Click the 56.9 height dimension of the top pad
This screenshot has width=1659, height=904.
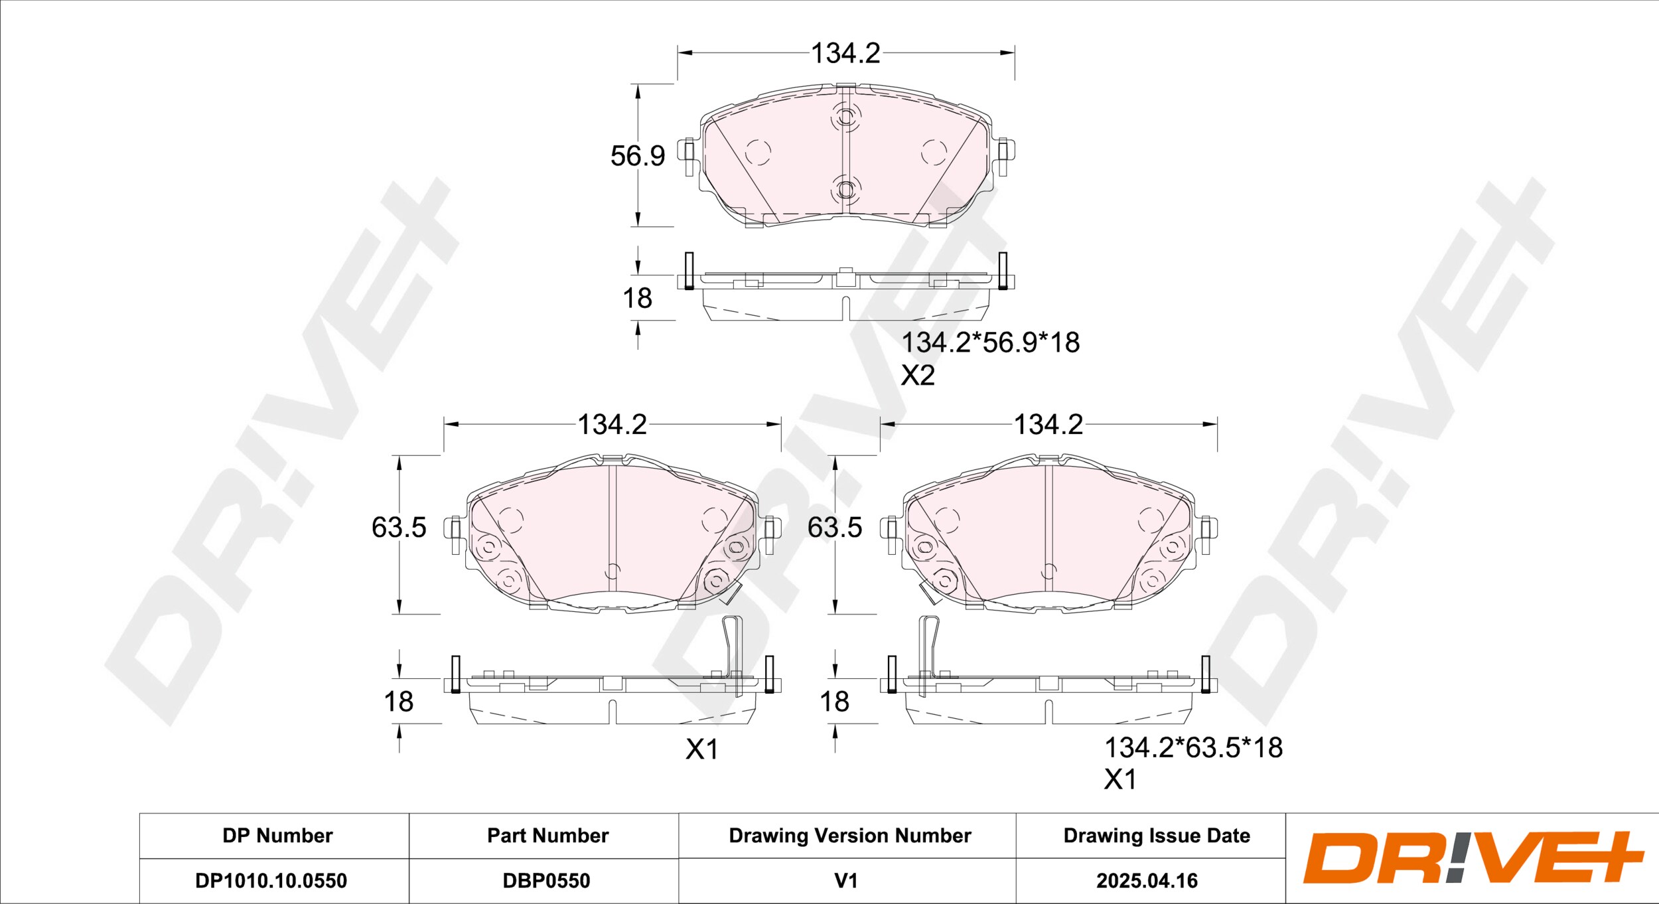(638, 156)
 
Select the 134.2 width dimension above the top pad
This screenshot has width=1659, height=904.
(846, 53)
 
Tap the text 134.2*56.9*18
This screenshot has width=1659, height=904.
(990, 342)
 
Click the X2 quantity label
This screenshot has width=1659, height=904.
(918, 376)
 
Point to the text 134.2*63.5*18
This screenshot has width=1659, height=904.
(1193, 748)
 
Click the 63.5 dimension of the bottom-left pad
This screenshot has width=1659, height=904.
(399, 528)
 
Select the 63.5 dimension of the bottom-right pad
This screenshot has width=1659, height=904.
(835, 528)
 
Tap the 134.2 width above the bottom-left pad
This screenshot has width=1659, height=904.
(612, 425)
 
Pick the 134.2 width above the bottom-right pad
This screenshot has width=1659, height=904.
(1048, 425)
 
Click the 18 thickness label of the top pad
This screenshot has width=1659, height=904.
(638, 299)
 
